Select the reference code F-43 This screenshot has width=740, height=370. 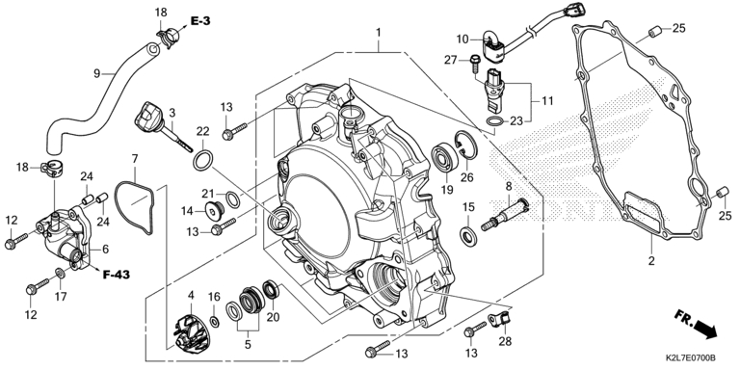coord(119,275)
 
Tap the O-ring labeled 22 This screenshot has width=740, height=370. coord(205,158)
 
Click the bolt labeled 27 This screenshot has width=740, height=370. coord(476,64)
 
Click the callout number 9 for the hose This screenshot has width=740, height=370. coord(96,73)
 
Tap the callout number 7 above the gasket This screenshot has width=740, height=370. coord(134,157)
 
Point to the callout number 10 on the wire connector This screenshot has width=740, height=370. coord(462,40)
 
